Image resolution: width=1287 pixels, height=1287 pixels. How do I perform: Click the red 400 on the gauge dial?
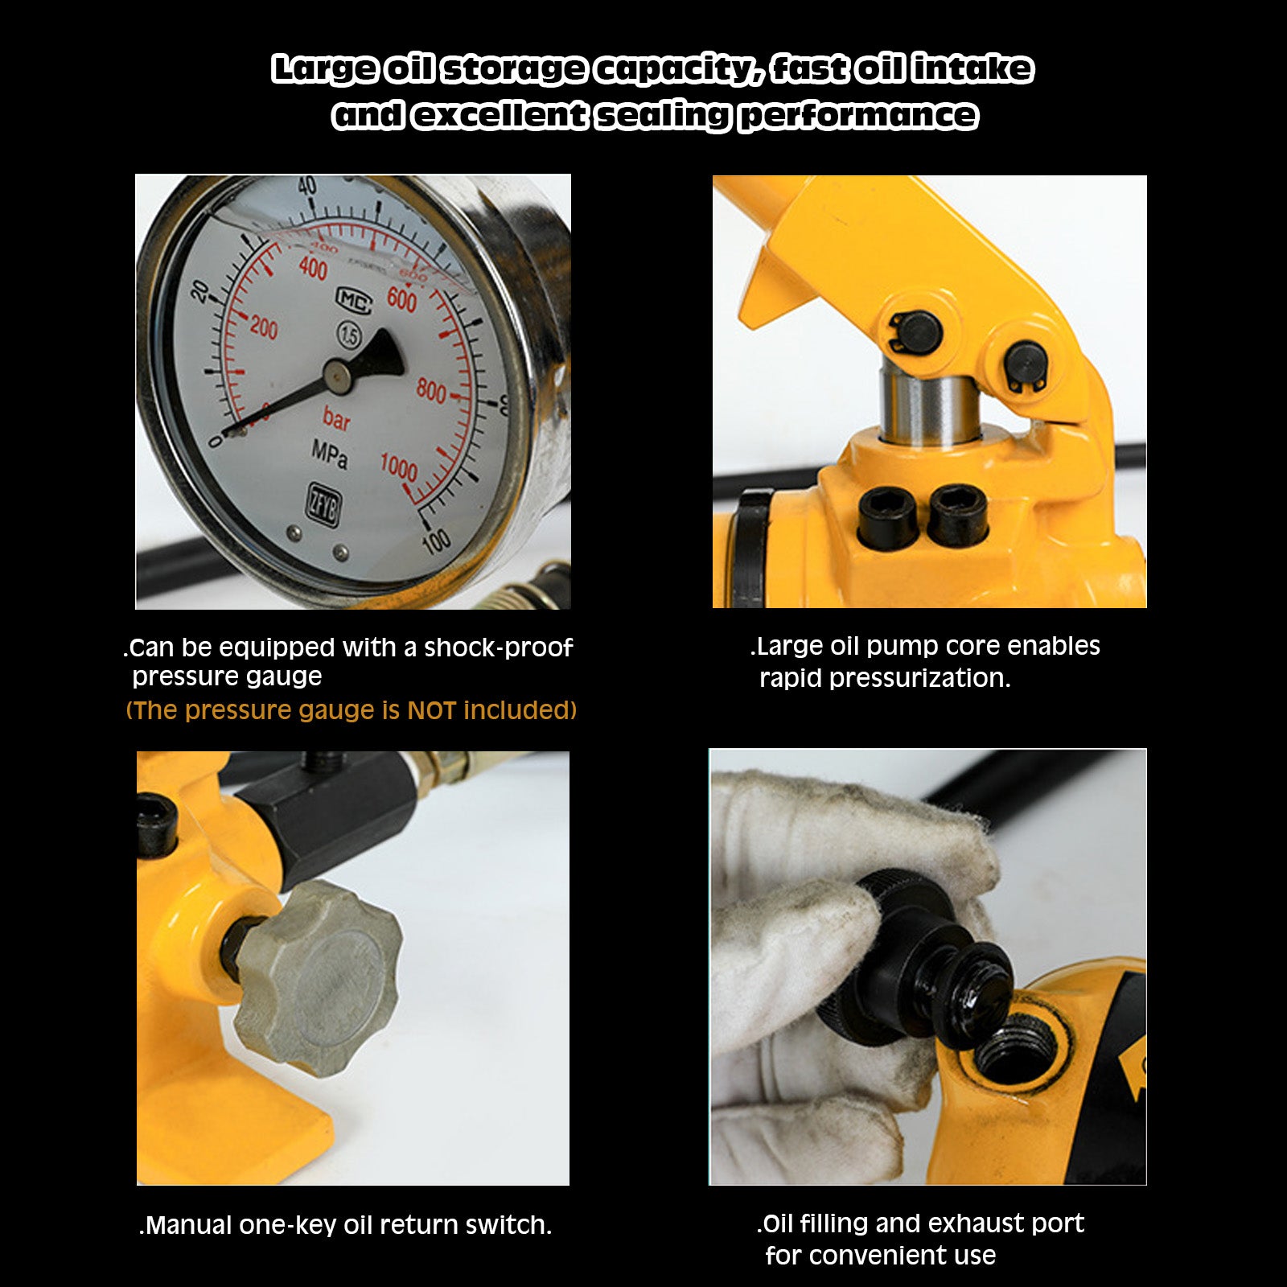tap(313, 268)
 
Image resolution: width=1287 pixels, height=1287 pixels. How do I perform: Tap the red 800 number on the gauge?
tap(431, 391)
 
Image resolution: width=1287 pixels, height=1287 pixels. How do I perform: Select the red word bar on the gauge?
tap(336, 418)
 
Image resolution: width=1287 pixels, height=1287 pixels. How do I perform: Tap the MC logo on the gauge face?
tap(354, 301)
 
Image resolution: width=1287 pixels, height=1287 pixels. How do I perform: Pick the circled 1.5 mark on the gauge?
tap(349, 335)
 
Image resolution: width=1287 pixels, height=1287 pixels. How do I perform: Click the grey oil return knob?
tap(319, 978)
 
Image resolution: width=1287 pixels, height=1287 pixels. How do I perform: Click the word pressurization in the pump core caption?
tap(919, 679)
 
